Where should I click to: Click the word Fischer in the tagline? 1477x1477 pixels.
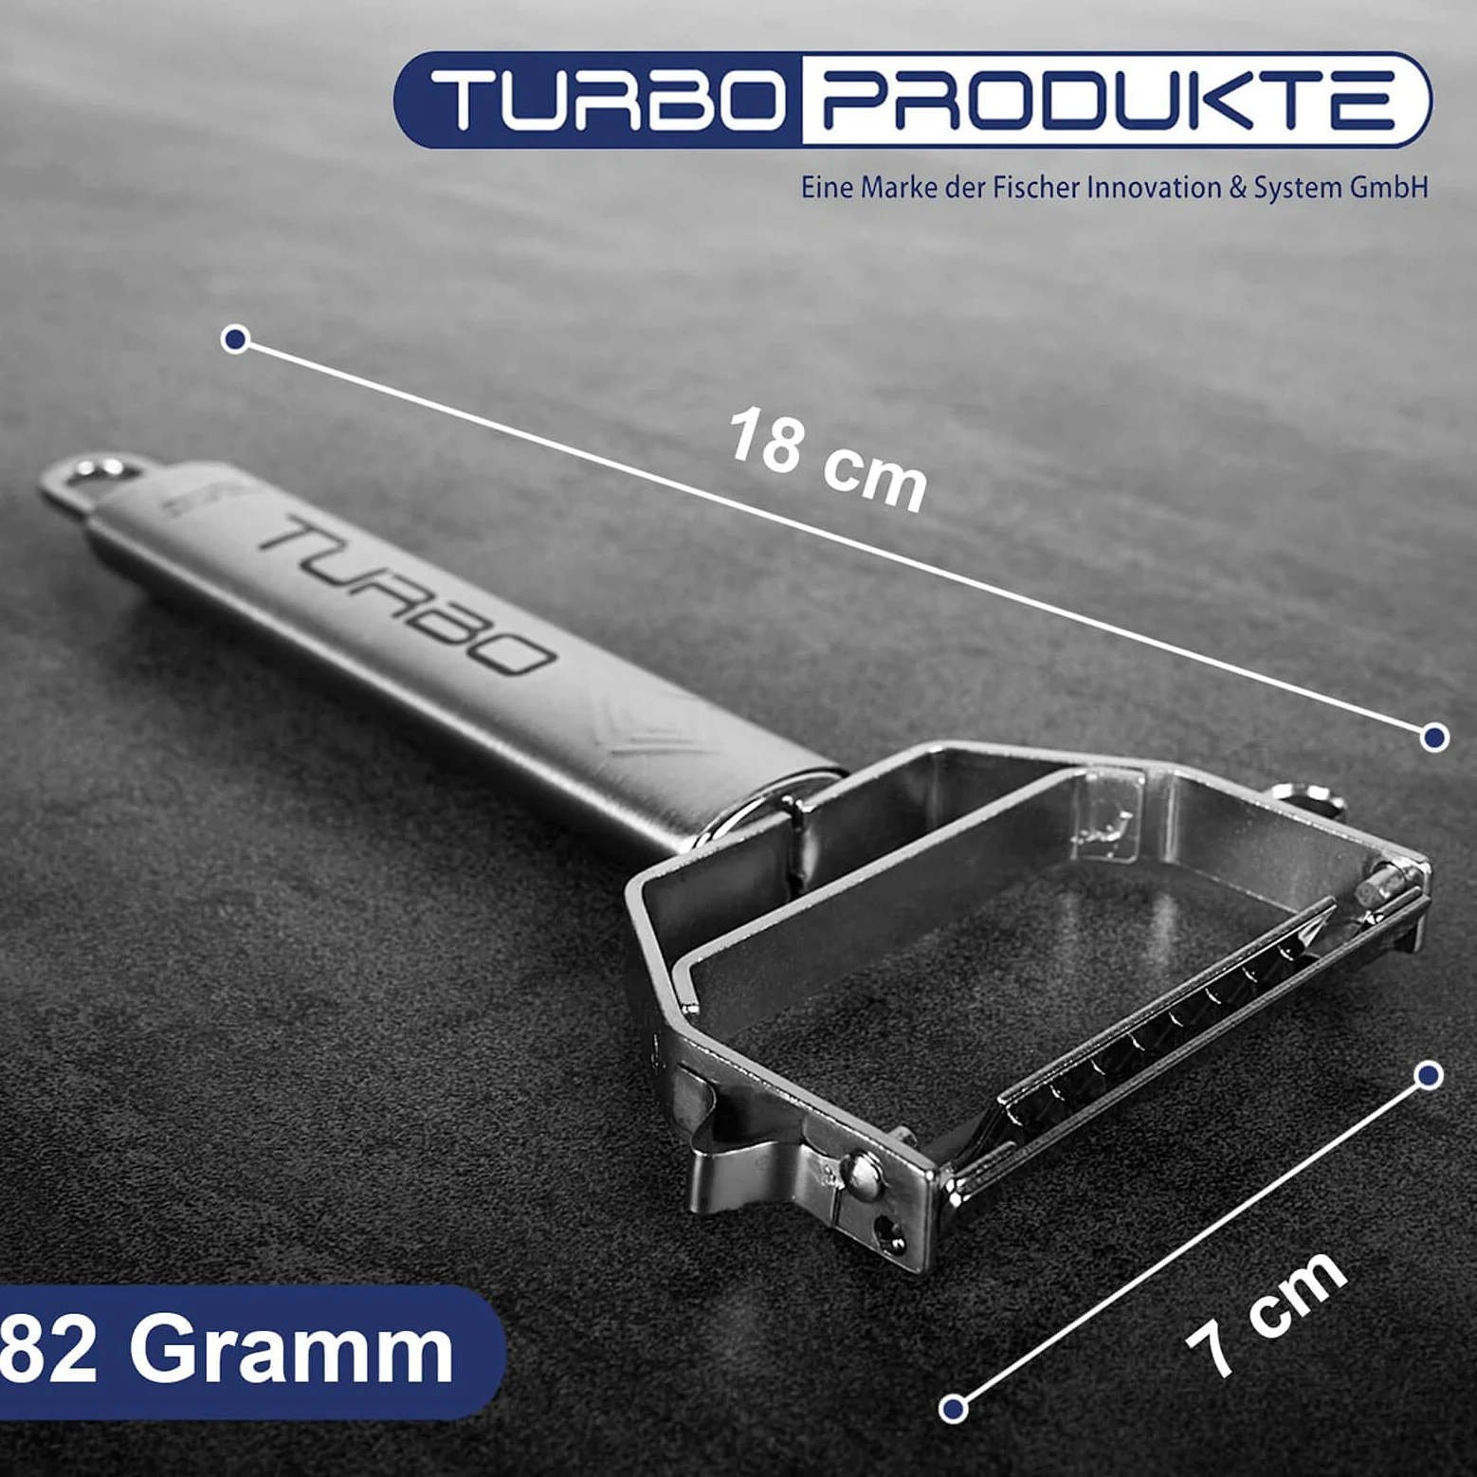point(1035,187)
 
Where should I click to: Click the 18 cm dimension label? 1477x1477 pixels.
point(827,461)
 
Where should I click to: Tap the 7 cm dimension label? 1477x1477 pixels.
point(1266,1313)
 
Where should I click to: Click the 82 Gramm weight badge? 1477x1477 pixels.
point(228,1352)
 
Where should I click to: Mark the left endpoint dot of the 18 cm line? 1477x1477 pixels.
point(235,339)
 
